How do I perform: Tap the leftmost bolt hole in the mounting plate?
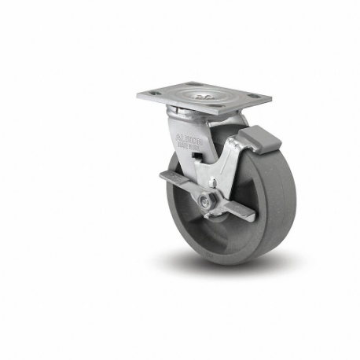pos(155,94)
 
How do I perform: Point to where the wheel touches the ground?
pos(236,263)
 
